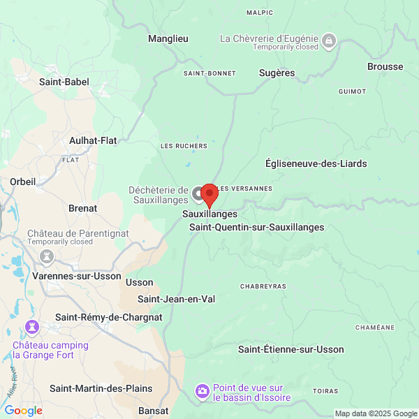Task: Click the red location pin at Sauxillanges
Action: [208, 194]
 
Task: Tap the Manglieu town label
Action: [168, 39]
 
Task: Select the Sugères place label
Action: [277, 73]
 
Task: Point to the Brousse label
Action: [385, 67]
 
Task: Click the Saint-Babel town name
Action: [64, 82]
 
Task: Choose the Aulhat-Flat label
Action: [93, 140]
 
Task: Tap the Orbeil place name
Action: [22, 182]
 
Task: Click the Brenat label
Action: [82, 208]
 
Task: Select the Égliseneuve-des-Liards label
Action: [316, 163]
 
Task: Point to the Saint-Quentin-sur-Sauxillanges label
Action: [257, 227]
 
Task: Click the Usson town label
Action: [139, 282]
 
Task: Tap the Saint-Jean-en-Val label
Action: [176, 299]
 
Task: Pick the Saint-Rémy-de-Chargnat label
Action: [109, 317]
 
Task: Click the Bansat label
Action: [154, 410]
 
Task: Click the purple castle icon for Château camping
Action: [31, 326]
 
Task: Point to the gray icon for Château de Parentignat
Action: [47, 256]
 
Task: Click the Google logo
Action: [23, 411]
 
